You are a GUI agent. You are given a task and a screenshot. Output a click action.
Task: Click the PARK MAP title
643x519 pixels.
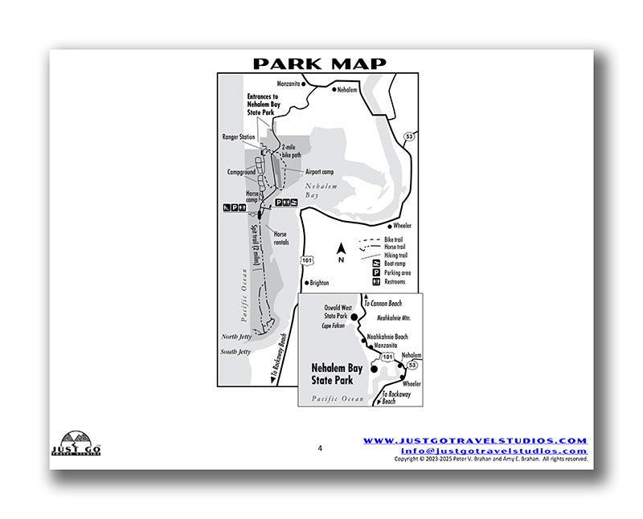click(x=319, y=63)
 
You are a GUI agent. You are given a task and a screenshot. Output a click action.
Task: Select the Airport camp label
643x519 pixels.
click(x=321, y=171)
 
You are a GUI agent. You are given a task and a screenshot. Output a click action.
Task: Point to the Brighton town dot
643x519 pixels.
click(x=306, y=283)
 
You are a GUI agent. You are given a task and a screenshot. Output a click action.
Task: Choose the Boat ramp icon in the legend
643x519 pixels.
click(x=378, y=262)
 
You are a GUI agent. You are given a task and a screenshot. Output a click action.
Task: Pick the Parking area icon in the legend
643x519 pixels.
click(x=378, y=272)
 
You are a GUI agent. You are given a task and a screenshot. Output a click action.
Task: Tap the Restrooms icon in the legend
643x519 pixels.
click(x=378, y=282)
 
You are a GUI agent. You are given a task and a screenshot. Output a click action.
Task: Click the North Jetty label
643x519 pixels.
click(x=235, y=337)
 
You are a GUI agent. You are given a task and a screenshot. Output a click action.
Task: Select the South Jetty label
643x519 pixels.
click(x=235, y=352)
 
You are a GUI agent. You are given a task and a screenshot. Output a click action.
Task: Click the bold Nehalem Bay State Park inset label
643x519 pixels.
click(x=336, y=373)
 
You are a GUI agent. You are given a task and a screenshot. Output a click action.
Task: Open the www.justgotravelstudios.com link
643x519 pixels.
click(x=475, y=441)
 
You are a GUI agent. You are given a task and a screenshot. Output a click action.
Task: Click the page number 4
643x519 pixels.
click(x=319, y=448)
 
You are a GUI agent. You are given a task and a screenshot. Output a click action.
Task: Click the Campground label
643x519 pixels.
click(x=240, y=172)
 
